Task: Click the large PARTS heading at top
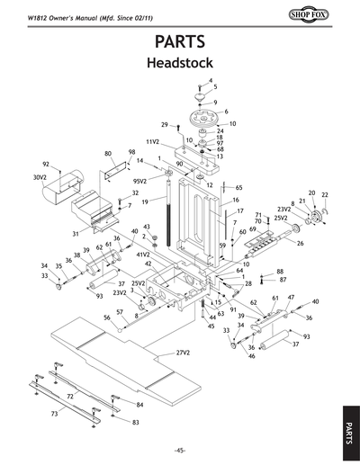click(x=180, y=41)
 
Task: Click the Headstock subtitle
click(x=180, y=64)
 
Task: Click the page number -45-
click(x=180, y=450)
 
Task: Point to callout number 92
click(x=45, y=165)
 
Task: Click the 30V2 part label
click(x=40, y=178)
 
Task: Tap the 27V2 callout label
click(x=185, y=353)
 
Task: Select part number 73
click(x=55, y=414)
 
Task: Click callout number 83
click(x=136, y=422)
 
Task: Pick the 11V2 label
click(x=153, y=142)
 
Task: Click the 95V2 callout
click(x=139, y=181)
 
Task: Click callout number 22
click(x=325, y=194)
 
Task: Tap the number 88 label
click(x=280, y=271)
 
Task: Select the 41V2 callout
click(x=141, y=255)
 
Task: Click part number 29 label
click(x=165, y=124)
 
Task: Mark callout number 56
click(x=106, y=317)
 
